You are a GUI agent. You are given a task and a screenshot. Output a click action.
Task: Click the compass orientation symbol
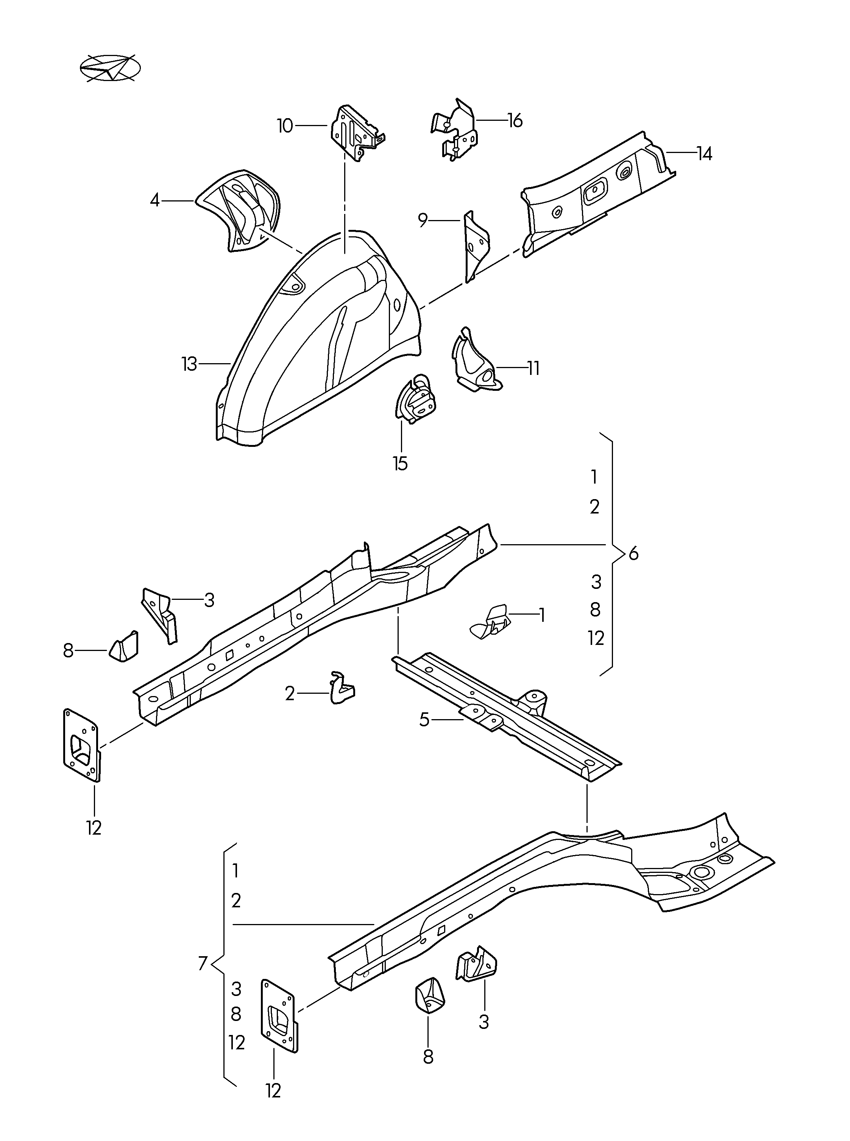[110, 67]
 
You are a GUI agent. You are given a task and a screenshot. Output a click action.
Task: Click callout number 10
[285, 126]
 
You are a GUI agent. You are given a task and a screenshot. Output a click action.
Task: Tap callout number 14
[704, 153]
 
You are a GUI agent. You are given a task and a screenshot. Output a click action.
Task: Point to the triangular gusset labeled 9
[476, 245]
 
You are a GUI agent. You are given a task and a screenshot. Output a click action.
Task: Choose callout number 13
[189, 364]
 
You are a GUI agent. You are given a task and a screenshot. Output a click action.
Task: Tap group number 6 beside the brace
[633, 554]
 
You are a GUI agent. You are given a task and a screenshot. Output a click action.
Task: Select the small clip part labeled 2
[341, 688]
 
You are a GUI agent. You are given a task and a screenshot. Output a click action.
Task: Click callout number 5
[424, 720]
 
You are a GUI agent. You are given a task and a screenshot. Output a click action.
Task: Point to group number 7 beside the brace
[203, 963]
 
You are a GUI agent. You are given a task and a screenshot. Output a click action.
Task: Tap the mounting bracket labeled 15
[415, 400]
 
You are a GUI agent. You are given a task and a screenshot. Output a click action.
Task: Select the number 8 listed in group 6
[595, 610]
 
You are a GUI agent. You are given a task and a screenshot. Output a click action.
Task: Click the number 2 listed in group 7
[236, 901]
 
